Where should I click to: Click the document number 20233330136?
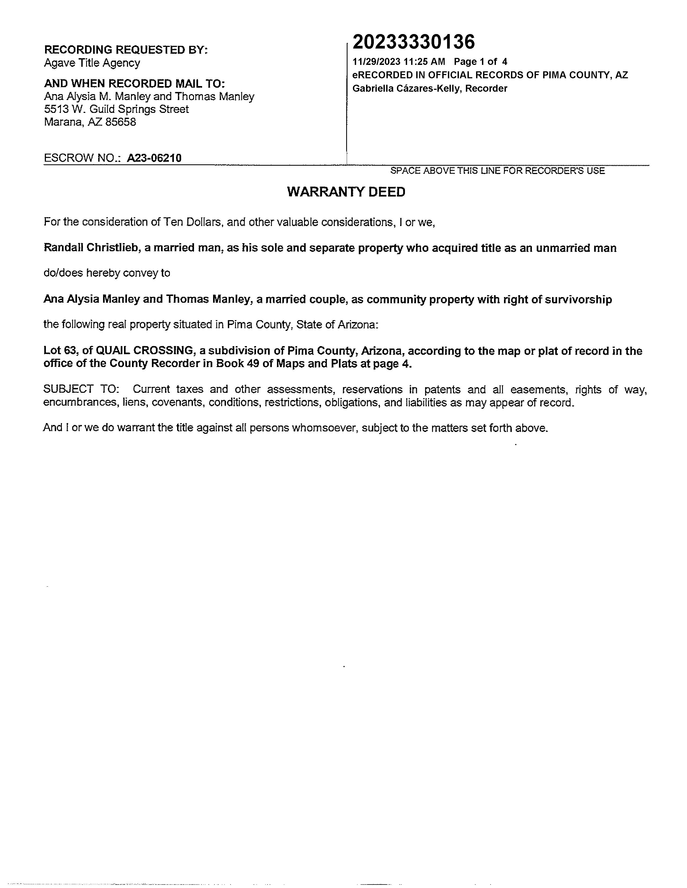click(414, 42)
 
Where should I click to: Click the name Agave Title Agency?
click(92, 63)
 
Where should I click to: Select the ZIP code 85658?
click(121, 122)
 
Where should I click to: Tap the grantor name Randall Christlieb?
click(91, 248)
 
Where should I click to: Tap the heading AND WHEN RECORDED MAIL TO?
click(134, 83)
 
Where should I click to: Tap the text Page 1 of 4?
click(481, 62)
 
